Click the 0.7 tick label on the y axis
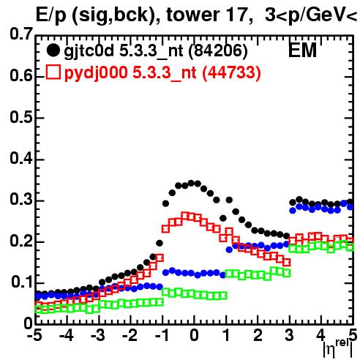pos(21,34)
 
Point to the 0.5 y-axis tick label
pos(21,117)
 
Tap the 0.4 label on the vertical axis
pos(21,159)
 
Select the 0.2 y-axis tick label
pos(21,241)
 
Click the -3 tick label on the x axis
pos(98,335)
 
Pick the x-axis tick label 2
pos(258,335)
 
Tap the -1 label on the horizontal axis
pos(162,335)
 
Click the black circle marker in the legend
pos(53,50)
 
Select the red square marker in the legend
pos(53,72)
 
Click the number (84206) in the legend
pos(218,51)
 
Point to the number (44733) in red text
pos(231,72)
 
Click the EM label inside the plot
pos(302,50)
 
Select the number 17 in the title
pos(236,15)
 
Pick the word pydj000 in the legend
pos(96,73)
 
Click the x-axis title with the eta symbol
pos(338,348)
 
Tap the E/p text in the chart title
pos(51,16)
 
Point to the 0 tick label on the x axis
pos(194,335)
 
